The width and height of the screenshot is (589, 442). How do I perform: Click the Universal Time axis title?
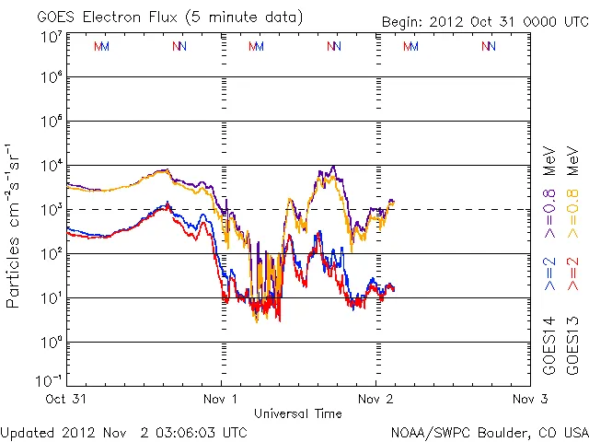pos(298,413)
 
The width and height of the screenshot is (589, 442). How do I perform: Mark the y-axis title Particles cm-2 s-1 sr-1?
pos(14,225)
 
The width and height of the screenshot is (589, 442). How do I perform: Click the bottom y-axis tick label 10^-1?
pos(51,380)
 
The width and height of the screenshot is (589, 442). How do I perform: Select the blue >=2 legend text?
pos(550,273)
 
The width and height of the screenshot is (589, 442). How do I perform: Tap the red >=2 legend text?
pos(572,273)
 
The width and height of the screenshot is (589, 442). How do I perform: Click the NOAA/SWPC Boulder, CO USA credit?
pos(489,431)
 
